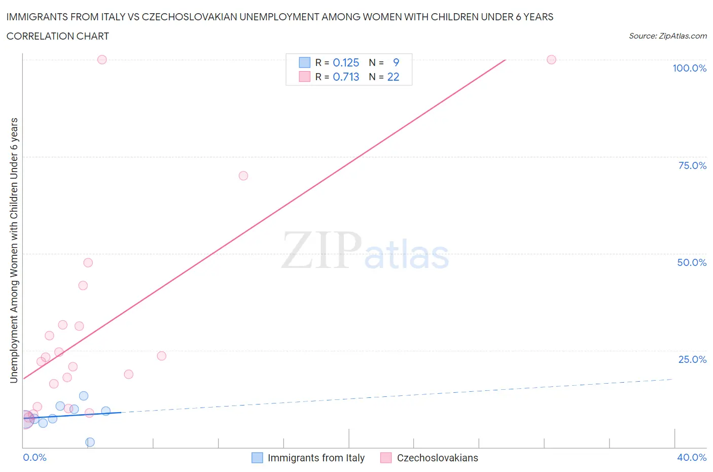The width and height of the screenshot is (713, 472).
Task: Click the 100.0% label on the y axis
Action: (x=689, y=68)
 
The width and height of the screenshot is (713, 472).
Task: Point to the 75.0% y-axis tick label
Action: (x=692, y=165)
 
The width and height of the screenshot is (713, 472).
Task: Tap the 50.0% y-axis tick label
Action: (x=692, y=262)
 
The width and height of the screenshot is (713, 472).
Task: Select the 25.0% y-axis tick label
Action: (x=692, y=359)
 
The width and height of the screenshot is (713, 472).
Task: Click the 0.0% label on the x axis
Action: (x=34, y=457)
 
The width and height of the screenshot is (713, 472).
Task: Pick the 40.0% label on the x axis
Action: (x=692, y=457)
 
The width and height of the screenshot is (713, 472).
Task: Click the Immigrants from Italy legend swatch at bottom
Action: (x=257, y=458)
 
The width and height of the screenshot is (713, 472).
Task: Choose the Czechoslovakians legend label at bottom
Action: (x=437, y=458)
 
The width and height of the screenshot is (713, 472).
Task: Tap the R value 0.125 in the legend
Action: (x=346, y=62)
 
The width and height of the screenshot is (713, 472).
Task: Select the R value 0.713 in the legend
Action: (x=346, y=77)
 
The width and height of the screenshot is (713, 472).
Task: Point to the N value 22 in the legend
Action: (x=393, y=77)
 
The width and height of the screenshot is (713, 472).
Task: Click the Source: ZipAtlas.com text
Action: (x=667, y=36)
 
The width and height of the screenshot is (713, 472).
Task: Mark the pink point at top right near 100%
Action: (x=551, y=59)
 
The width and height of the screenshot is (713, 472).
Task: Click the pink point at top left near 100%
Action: (x=102, y=59)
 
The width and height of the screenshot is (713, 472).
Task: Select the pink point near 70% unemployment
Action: (x=243, y=176)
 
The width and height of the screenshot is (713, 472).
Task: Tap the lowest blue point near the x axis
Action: (x=90, y=442)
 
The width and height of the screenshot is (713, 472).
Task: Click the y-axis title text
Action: (x=14, y=250)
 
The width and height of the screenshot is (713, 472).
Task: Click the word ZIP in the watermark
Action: (x=321, y=250)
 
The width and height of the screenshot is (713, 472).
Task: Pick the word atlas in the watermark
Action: (x=407, y=255)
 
